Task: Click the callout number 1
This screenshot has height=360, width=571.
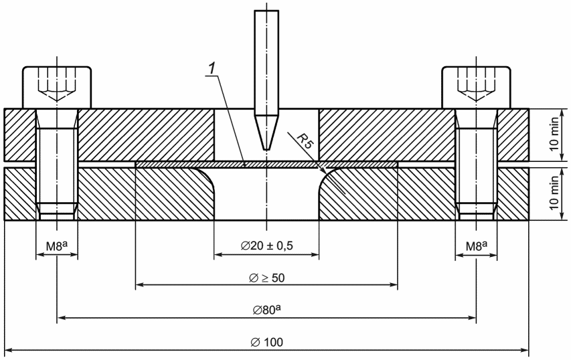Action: [x=212, y=69]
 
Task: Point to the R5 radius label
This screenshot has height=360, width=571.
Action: [x=305, y=141]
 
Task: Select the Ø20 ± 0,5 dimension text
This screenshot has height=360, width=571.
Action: [x=266, y=246]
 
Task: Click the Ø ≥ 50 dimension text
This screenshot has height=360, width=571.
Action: [x=266, y=278]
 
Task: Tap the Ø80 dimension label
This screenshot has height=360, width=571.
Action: [x=266, y=310]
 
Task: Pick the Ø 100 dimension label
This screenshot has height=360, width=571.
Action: [x=266, y=342]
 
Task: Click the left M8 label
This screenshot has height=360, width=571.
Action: [x=57, y=246]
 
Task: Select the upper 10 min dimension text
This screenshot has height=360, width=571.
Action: [x=554, y=134]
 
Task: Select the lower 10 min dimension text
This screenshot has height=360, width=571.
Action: [x=554, y=193]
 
